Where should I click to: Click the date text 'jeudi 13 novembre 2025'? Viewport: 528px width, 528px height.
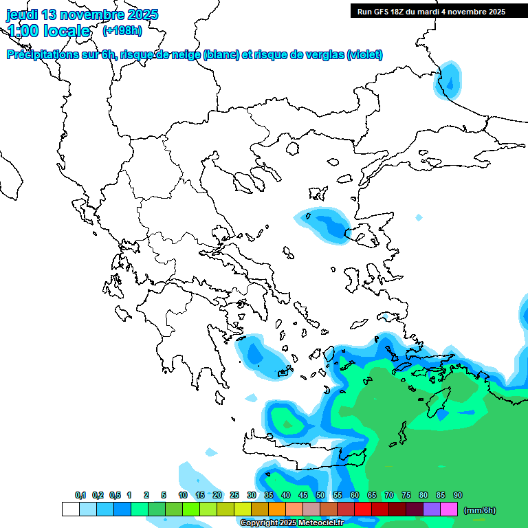(82, 14)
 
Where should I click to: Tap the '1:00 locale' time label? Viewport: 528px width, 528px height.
(49, 31)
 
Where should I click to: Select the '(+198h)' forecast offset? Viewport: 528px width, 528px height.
(122, 31)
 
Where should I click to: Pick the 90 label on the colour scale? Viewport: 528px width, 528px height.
(457, 495)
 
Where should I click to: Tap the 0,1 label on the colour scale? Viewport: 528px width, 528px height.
(80, 495)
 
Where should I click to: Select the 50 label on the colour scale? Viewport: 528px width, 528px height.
(320, 495)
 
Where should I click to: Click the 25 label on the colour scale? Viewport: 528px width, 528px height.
(234, 495)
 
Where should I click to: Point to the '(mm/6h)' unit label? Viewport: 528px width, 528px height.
(480, 510)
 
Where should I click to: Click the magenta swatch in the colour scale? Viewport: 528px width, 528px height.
(449, 509)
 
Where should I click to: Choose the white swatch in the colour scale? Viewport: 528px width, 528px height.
(70, 509)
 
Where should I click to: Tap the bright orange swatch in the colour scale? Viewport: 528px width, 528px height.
(277, 509)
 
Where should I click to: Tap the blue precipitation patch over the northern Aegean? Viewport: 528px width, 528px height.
(323, 223)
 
